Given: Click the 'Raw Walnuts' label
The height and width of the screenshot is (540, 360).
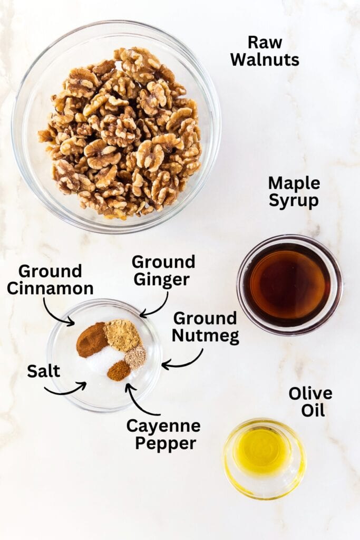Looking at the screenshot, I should [265, 51].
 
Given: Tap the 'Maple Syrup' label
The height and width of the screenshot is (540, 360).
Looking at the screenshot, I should [294, 192].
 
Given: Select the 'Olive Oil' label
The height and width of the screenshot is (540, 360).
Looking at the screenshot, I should [310, 401].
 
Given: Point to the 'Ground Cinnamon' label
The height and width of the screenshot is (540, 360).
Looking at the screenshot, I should [50, 279].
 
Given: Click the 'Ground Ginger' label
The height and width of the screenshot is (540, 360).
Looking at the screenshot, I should [163, 270].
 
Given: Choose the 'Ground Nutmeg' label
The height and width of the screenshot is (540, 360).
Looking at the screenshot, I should [205, 327].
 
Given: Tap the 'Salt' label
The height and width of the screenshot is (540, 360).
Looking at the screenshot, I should [43, 371].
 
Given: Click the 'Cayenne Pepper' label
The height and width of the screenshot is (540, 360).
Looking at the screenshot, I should [163, 434].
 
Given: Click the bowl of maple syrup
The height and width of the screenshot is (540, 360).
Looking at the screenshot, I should [289, 285].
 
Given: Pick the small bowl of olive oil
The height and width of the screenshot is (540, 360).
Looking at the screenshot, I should [264, 457].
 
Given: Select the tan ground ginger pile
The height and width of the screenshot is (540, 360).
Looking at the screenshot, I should [121, 335].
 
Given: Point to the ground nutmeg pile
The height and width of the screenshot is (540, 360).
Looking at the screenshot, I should [135, 357].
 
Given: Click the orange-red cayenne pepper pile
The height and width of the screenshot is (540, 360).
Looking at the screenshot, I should [119, 370].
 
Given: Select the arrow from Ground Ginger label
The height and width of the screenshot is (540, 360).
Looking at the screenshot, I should [155, 307].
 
